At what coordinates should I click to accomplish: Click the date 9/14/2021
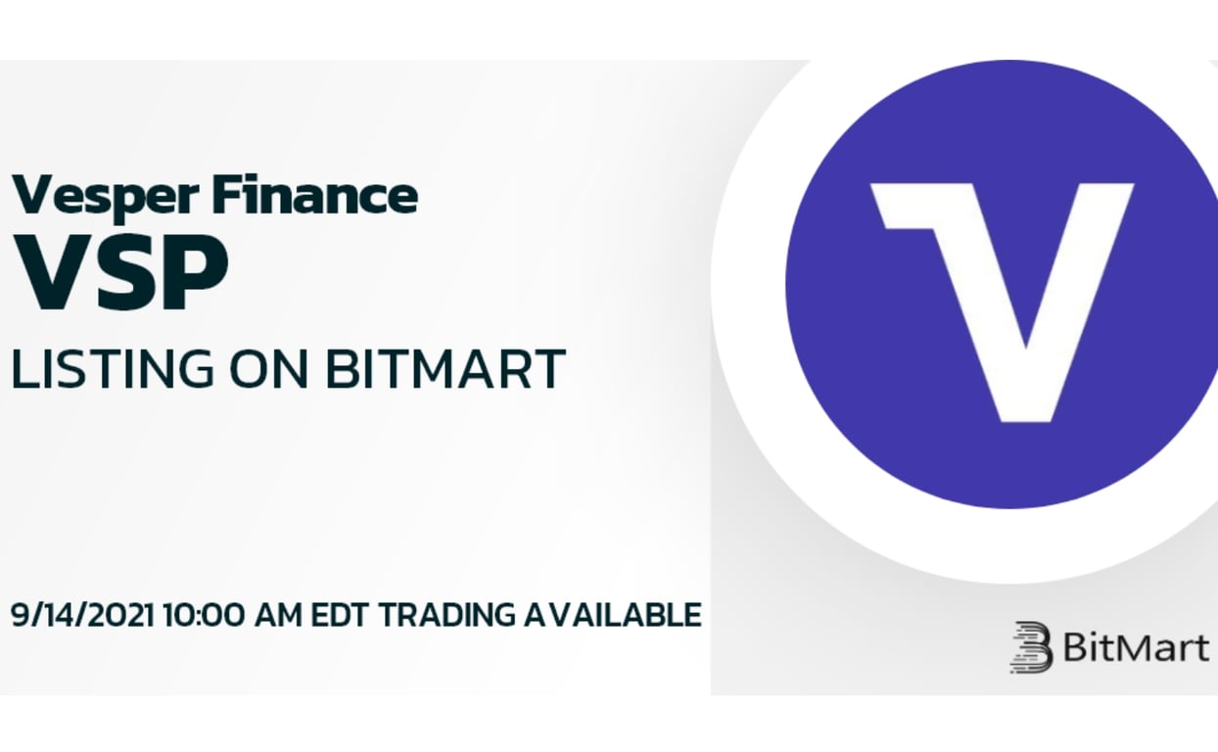coord(82,615)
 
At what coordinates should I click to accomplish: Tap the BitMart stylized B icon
coord(1031,647)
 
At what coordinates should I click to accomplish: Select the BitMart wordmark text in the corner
coord(1135,647)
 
